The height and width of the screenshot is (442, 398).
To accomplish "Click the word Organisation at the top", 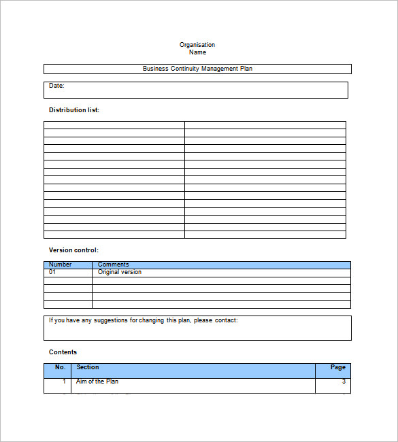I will [197, 45].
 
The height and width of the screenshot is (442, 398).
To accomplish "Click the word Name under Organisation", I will [197, 52].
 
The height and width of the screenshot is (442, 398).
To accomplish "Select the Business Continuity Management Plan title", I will [197, 69].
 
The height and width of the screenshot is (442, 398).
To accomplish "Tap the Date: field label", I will [56, 86].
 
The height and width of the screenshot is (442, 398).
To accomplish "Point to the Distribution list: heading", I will [74, 110].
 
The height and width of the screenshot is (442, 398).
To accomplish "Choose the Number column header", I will [61, 265].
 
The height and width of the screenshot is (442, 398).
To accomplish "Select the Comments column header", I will [113, 265].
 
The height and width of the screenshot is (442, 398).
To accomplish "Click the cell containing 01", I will [52, 272].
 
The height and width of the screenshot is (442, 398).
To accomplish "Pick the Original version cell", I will [120, 272].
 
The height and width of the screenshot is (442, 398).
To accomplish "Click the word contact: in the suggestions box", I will [227, 320].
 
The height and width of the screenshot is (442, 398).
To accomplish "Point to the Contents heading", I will [63, 352].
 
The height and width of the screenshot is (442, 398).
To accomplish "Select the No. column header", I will [61, 367].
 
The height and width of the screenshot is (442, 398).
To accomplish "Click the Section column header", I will [88, 367].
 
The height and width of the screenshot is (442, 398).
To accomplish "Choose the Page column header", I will [338, 367].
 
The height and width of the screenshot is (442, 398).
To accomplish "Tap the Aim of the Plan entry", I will [97, 381].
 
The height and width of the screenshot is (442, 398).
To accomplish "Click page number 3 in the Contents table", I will [344, 381].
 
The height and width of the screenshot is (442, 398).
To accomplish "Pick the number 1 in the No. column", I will [65, 381].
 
